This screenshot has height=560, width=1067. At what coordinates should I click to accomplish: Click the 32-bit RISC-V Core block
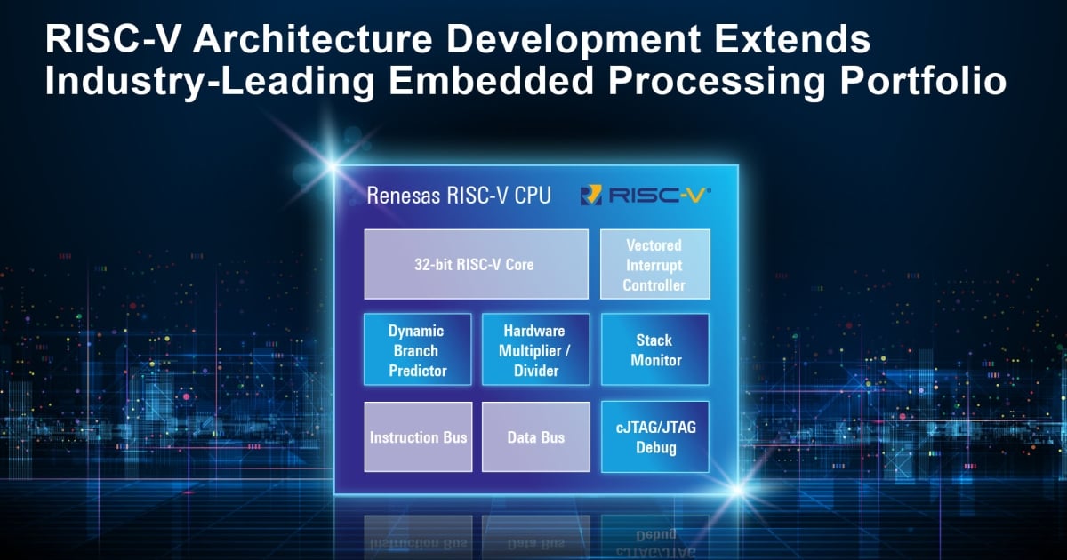(x=476, y=264)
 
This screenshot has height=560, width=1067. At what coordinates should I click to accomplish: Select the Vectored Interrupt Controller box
(x=655, y=264)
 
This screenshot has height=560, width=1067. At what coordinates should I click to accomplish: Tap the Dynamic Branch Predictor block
(x=418, y=349)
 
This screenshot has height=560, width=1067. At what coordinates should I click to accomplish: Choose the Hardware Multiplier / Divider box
(x=536, y=349)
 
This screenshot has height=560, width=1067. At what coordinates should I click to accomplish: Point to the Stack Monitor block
(x=655, y=349)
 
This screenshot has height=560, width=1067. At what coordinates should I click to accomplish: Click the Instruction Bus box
(x=418, y=436)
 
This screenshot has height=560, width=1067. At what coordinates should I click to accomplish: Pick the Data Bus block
(x=536, y=436)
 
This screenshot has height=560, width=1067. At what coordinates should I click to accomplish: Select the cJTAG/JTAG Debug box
(x=655, y=436)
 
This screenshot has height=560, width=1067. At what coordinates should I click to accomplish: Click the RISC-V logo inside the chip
(x=646, y=195)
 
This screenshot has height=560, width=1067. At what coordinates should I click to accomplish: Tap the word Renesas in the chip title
(x=403, y=196)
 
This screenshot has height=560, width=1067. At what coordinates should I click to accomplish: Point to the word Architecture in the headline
(x=312, y=39)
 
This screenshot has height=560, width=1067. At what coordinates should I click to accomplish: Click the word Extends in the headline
(x=792, y=39)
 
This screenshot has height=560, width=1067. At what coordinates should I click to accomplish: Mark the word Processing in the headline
(x=717, y=83)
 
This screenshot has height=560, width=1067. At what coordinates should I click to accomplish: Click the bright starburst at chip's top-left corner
(x=333, y=166)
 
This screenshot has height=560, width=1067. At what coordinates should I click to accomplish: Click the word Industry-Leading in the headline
(x=210, y=83)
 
